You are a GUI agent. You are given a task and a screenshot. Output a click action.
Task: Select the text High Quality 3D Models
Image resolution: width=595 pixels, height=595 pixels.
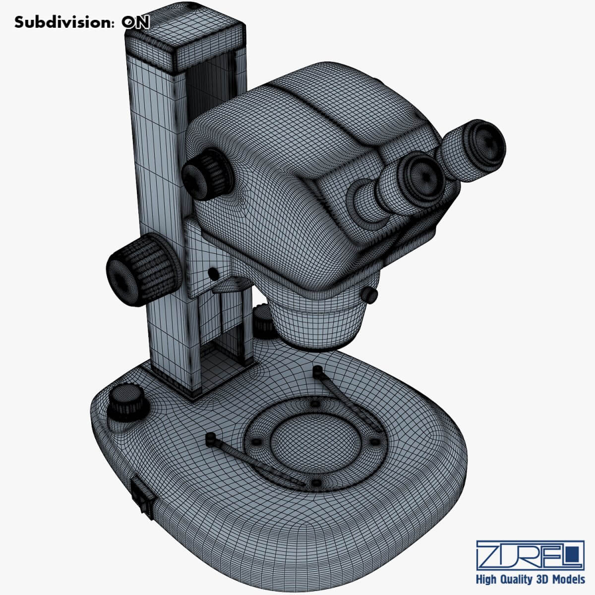[530, 579]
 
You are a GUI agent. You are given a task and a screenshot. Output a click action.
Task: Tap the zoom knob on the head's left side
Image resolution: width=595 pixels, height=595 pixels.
[207, 175]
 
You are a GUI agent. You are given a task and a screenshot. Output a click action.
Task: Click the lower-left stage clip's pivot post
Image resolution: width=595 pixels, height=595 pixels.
[210, 439]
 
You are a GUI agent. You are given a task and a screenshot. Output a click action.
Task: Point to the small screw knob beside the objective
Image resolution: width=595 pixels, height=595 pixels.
[369, 295]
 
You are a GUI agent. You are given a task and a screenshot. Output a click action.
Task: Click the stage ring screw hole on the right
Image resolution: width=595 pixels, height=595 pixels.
[375, 441]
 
